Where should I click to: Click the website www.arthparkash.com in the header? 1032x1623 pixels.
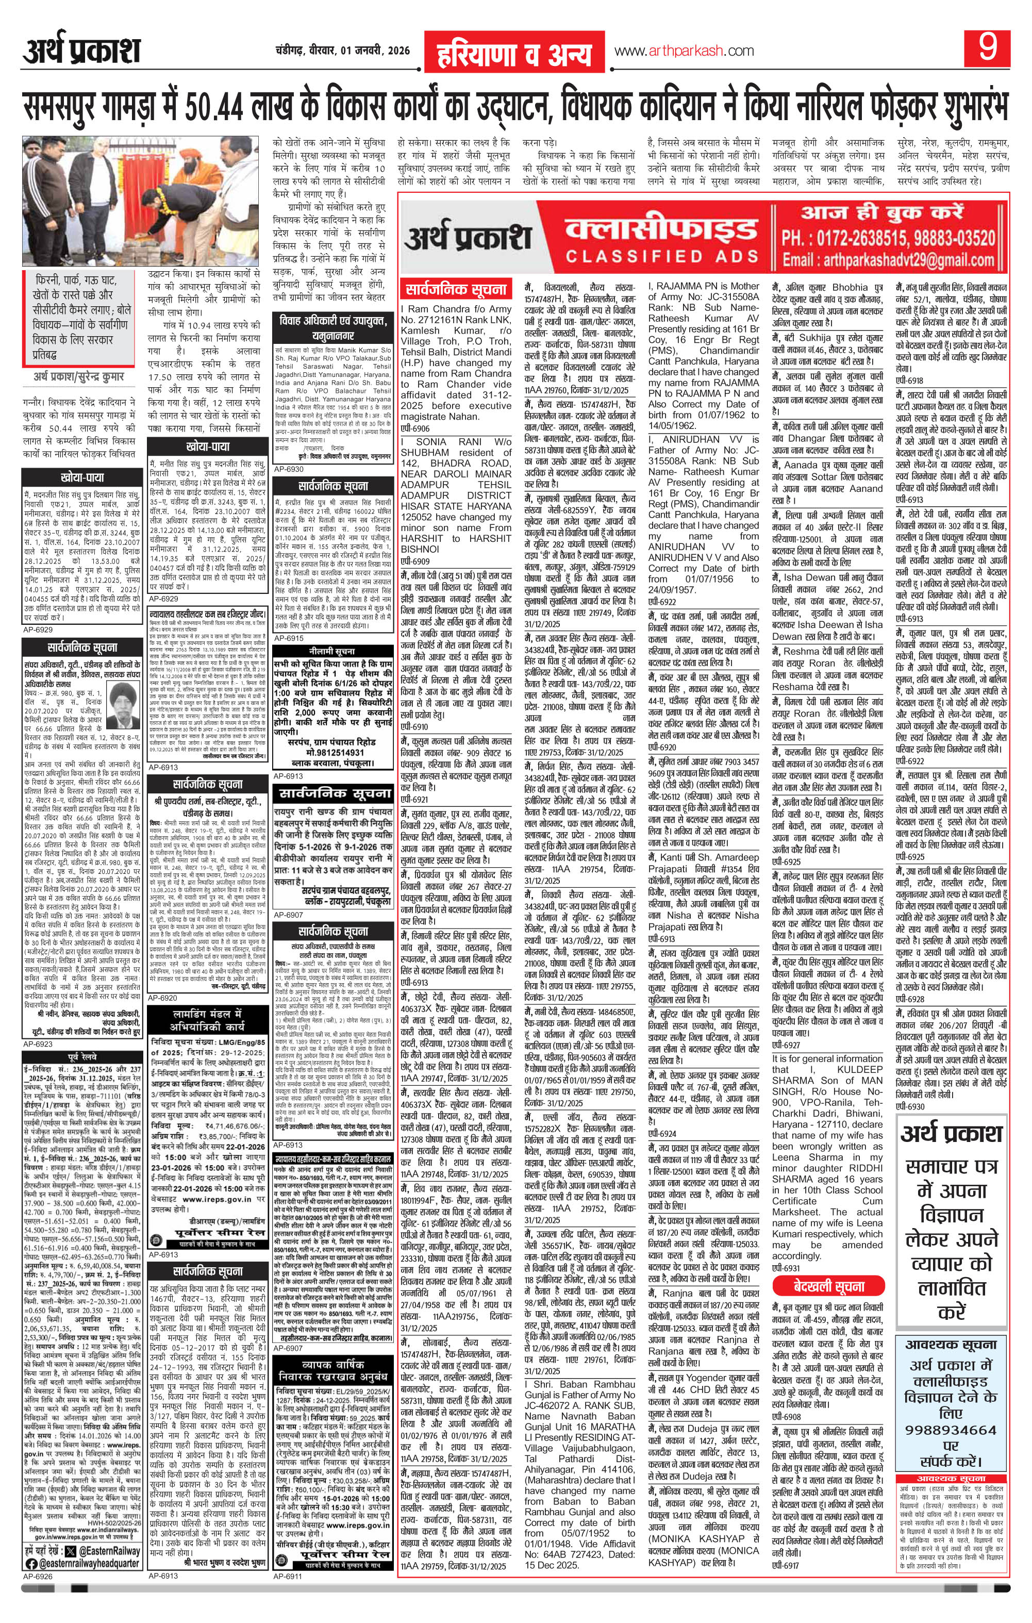click(x=684, y=51)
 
